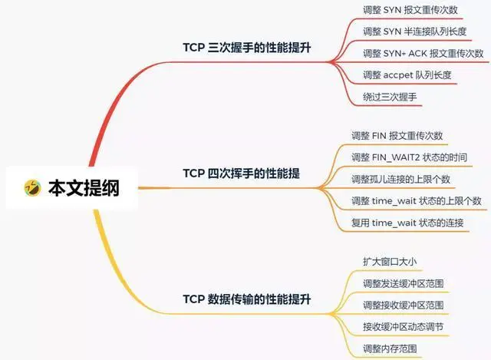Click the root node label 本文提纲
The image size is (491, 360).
[84, 187]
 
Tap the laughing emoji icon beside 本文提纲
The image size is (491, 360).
[32, 187]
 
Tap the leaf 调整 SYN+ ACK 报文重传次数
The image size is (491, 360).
[423, 53]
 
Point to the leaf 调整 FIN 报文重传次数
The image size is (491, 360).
[397, 136]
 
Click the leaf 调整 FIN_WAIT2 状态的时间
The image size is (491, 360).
[408, 157]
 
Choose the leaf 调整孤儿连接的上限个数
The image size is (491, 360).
[400, 179]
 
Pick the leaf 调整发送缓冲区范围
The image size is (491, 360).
[403, 284]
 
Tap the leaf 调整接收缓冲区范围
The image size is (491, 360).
[403, 306]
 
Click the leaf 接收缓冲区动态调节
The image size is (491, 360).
[403, 327]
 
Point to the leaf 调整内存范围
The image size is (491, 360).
[392, 348]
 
